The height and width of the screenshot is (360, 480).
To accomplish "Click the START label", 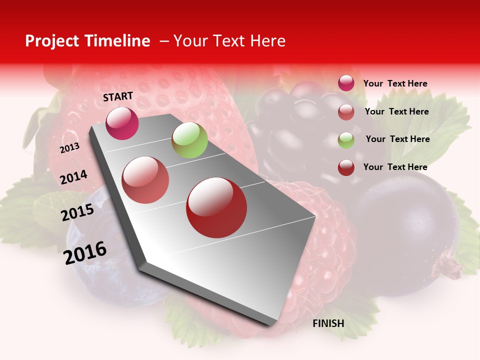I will coord(118,96).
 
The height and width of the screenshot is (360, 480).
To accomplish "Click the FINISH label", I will coord(328,323).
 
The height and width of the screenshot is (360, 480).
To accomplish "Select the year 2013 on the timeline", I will coord(70,148).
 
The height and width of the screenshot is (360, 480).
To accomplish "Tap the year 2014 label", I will coord(73,177).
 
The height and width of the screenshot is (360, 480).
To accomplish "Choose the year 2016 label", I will coord(85,253).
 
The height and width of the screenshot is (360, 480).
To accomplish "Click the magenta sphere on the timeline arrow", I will coord(122,123).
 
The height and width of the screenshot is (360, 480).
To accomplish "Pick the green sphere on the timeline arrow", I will coord(189,140).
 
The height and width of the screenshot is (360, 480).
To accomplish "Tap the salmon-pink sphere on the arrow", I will coord(145,180).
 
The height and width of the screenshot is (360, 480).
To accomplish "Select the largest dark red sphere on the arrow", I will coord(216,207).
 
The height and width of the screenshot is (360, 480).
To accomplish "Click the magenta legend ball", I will coord(346,83).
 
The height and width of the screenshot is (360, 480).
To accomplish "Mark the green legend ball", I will coord(346,139).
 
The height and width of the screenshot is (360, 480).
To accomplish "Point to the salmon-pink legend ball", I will coord(346,112).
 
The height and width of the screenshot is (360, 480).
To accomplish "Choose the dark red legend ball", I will coord(346,167).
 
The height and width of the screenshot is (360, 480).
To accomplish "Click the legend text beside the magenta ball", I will coord(395,83).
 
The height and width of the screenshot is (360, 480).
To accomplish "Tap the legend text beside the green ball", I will coord(397,139).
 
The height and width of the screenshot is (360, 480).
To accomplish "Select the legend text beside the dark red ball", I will coord(395,167).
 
